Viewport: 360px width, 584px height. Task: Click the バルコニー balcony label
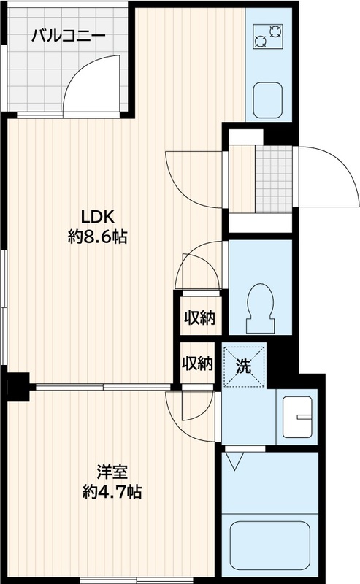pyautogui.click(x=68, y=36)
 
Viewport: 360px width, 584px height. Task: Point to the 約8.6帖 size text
pyautogui.click(x=98, y=237)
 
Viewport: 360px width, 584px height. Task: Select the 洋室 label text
pyautogui.click(x=112, y=472)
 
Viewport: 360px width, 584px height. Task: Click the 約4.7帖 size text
pyautogui.click(x=112, y=492)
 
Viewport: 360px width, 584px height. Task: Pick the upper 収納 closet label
pyautogui.click(x=200, y=318)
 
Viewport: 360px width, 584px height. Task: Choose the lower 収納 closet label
pyautogui.click(x=197, y=363)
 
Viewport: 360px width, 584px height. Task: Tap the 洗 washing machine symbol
pyautogui.click(x=244, y=367)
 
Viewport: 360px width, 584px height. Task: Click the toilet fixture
pyautogui.click(x=261, y=308)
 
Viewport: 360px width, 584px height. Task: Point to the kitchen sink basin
pyautogui.click(x=268, y=101)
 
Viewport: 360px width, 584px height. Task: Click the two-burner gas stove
pyautogui.click(x=268, y=36)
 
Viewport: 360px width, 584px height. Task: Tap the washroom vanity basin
pyautogui.click(x=297, y=417)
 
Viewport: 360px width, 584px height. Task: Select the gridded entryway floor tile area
pyautogui.click(x=274, y=179)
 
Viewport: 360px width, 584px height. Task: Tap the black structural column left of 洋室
pyautogui.click(x=18, y=387)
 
